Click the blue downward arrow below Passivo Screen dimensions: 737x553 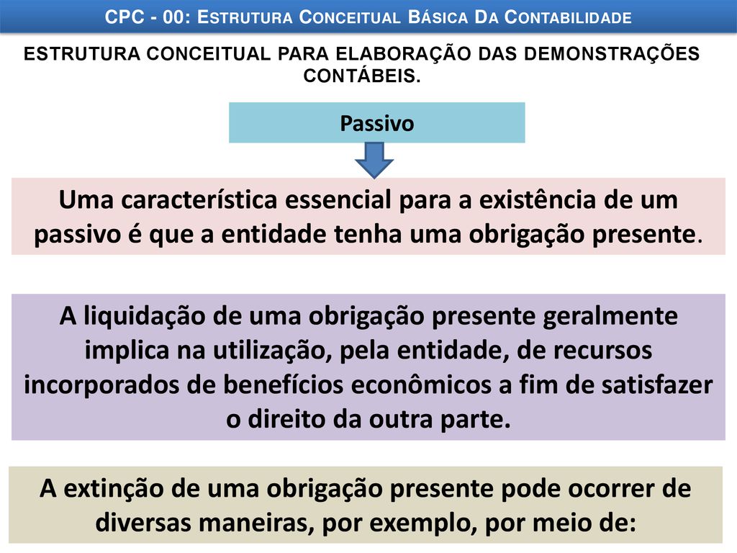click(x=374, y=161)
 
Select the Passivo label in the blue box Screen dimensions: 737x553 click(x=377, y=124)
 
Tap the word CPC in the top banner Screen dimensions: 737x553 click(x=125, y=17)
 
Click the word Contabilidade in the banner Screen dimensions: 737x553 click(x=569, y=17)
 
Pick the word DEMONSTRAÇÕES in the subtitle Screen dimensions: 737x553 click(x=612, y=53)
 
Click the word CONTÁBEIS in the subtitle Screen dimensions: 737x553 click(x=362, y=76)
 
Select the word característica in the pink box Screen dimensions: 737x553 click(x=199, y=200)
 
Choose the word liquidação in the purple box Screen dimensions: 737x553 click(x=144, y=317)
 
